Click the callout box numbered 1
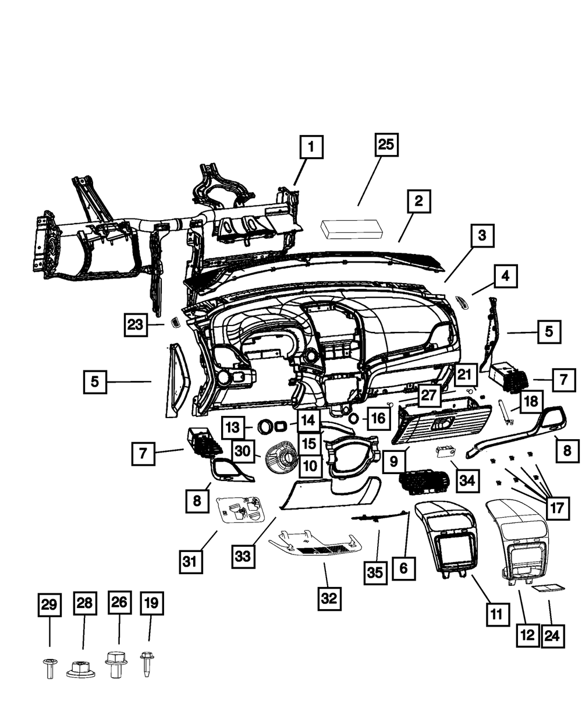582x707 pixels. (x=311, y=147)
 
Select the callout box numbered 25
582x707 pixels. (x=386, y=144)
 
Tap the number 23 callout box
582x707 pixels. (x=136, y=324)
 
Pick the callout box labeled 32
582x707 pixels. (x=329, y=598)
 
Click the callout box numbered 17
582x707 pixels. (x=557, y=508)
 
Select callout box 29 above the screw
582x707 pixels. (x=49, y=604)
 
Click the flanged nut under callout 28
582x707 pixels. (x=82, y=670)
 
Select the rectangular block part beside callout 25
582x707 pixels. (x=350, y=229)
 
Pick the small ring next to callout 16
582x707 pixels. (x=353, y=418)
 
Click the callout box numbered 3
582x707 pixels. (x=481, y=236)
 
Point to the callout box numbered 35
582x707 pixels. (x=375, y=573)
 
